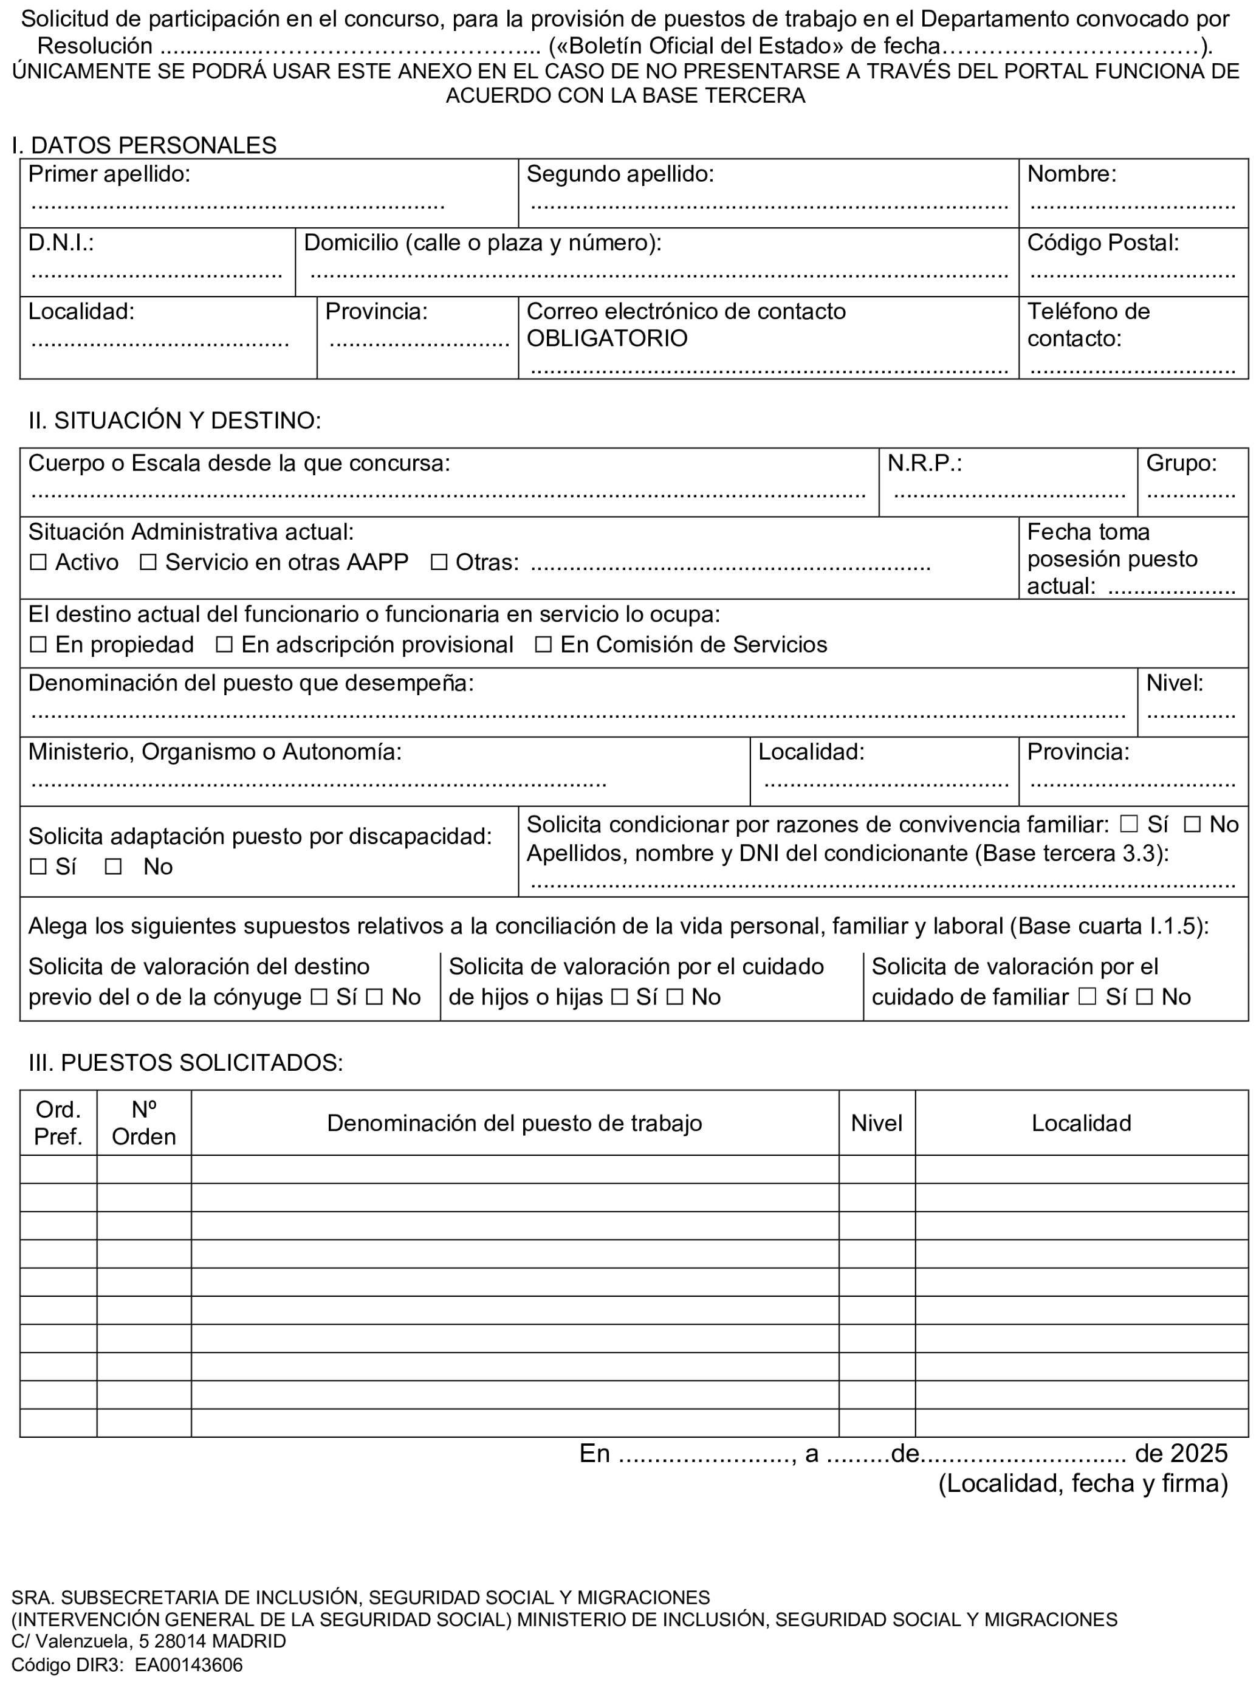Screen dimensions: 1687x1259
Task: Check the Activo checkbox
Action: [x=37, y=563]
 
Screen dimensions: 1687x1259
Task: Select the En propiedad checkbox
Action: [x=37, y=645]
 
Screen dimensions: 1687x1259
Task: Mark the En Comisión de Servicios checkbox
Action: [x=543, y=645]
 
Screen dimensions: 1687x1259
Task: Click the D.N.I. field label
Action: [x=61, y=243]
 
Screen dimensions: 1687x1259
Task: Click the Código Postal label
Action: [x=1102, y=243]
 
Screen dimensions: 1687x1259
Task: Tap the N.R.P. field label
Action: [x=924, y=464]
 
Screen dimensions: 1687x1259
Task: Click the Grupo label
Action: [x=1181, y=464]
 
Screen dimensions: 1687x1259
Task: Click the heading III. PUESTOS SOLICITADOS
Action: [x=185, y=1063]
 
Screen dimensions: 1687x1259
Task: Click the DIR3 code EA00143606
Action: [x=189, y=1665]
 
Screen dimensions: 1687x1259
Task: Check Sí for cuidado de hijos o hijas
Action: [x=620, y=997]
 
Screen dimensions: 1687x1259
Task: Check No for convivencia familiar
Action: [x=1193, y=825]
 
